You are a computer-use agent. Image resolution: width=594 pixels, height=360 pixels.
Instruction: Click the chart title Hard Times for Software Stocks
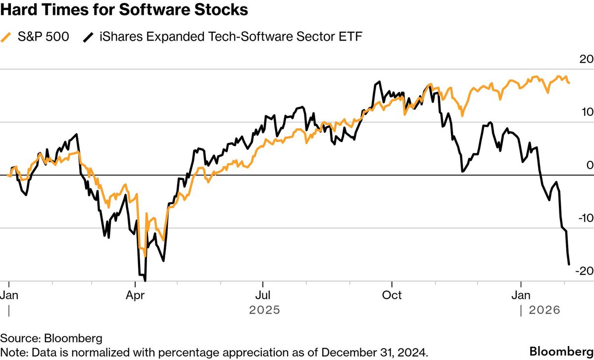click(124, 9)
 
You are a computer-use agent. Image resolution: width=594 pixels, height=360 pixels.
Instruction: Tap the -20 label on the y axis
click(583, 271)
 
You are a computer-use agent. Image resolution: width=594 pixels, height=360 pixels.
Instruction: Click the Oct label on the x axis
click(392, 295)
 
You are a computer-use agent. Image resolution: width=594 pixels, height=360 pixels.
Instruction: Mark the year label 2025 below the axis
click(264, 310)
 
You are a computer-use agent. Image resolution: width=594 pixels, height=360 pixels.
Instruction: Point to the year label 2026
click(544, 310)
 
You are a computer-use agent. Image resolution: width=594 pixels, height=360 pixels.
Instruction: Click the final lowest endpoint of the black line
click(569, 264)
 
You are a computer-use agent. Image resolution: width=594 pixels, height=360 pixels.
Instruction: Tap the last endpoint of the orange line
click(569, 83)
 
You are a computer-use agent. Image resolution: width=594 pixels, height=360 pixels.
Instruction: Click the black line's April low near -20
click(145, 280)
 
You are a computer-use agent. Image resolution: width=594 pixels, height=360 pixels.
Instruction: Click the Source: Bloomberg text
click(51, 339)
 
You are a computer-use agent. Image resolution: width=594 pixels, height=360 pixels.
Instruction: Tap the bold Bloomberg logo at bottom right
click(560, 351)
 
